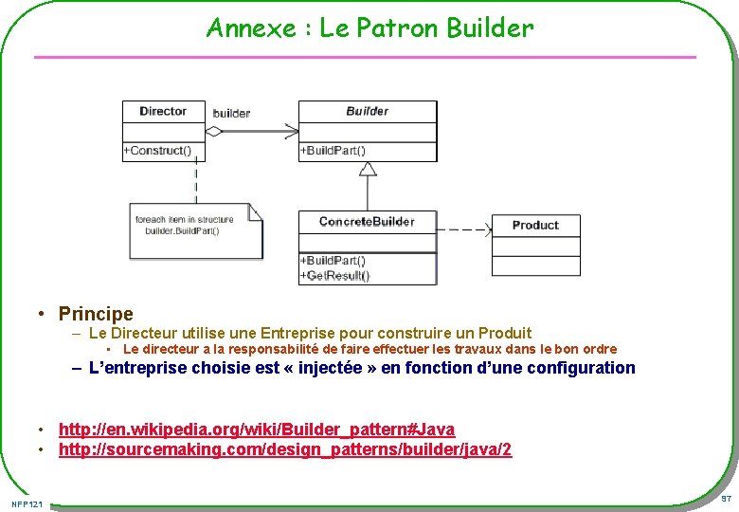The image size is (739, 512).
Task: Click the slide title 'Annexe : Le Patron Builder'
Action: point(369,28)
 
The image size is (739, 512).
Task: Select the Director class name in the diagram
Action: point(163,111)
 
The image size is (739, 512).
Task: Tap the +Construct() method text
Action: point(157,151)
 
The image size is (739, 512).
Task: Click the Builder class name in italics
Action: point(367,111)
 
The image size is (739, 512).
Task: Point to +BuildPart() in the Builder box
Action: point(333,151)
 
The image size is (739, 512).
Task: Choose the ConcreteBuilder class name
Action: point(367,222)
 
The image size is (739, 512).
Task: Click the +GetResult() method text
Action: point(334,276)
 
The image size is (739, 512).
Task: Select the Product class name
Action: point(535,226)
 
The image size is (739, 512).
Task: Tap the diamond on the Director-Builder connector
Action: point(215,132)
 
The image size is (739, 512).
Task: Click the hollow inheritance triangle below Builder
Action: point(368,169)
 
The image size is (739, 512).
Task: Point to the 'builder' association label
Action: point(231,114)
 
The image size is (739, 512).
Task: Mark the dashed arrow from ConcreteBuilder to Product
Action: point(464,229)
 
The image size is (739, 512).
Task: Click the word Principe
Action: point(96,313)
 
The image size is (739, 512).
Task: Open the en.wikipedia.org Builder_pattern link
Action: point(257,430)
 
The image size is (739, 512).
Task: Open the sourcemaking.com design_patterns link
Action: point(285,449)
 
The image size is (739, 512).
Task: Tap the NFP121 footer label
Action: point(28,503)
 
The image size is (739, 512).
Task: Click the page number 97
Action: point(725,499)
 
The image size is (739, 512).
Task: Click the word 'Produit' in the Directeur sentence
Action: point(504,333)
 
